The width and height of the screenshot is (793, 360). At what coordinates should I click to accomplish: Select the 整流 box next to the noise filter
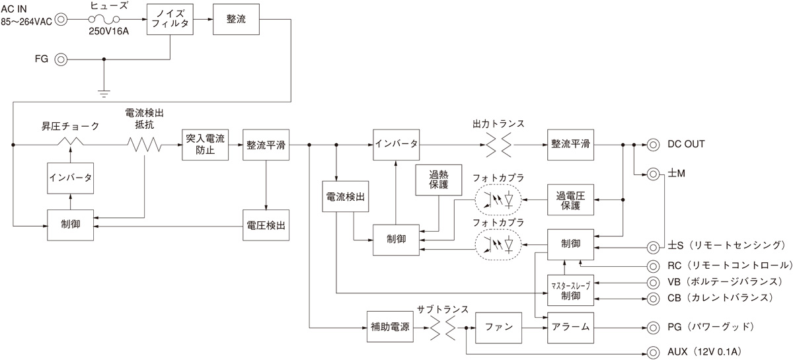236,19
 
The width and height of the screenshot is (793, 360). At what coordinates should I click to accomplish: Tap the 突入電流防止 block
205,145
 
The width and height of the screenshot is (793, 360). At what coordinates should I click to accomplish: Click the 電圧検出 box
266,225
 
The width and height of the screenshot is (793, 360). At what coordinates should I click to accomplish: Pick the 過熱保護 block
438,180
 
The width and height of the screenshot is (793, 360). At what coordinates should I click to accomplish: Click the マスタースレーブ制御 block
570,289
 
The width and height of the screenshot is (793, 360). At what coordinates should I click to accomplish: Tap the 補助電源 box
389,326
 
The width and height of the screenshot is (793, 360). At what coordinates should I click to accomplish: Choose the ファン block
499,326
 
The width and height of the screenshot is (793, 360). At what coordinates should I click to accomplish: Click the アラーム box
570,326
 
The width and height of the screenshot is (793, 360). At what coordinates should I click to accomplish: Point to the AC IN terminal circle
60,19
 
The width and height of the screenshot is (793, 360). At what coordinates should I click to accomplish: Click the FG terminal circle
60,59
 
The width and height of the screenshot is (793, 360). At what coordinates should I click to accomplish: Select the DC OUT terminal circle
653,145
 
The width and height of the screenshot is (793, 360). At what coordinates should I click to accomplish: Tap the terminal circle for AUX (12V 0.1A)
653,351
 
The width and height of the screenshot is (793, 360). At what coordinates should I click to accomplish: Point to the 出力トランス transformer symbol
499,145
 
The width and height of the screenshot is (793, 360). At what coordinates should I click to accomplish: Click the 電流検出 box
346,196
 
